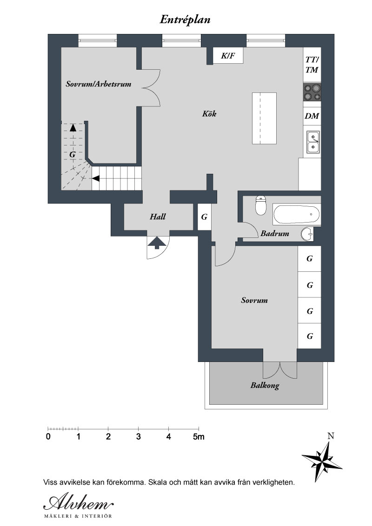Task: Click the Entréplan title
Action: tap(185, 20)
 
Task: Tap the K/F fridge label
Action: tap(228, 56)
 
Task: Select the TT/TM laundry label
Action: tap(312, 65)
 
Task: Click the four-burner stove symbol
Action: tap(312, 92)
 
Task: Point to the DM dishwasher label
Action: tap(312, 116)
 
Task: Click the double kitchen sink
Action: tap(313, 142)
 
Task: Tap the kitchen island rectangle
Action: tap(264, 118)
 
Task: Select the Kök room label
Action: tap(209, 114)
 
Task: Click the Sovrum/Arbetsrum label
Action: tap(99, 84)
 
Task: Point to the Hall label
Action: tap(158, 217)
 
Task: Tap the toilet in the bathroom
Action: tap(261, 205)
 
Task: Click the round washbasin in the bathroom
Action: tap(307, 234)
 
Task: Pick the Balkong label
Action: tap(265, 386)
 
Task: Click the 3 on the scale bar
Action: tap(138, 437)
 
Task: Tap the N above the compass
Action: tap(331, 436)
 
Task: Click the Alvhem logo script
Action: tap(79, 503)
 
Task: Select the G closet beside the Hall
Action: tap(204, 217)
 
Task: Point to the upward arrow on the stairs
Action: tap(73, 127)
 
